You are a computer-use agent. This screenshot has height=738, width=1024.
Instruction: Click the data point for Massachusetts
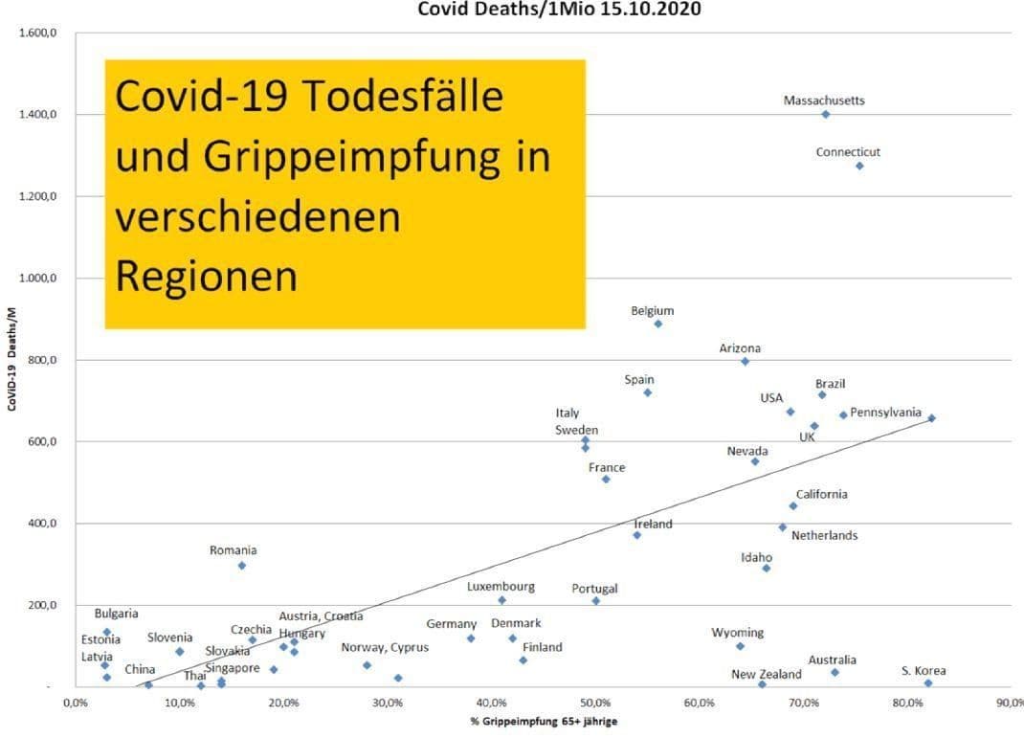click(825, 114)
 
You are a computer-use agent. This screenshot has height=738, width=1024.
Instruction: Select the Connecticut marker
click(859, 166)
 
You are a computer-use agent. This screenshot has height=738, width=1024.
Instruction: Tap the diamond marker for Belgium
click(658, 324)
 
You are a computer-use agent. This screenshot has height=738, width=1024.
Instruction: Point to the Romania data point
click(242, 566)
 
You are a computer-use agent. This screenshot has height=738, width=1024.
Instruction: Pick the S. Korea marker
click(928, 682)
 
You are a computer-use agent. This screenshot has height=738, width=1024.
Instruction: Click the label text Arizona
click(740, 348)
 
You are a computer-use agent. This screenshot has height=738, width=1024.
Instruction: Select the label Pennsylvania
click(885, 413)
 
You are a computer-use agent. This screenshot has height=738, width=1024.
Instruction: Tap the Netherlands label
click(824, 535)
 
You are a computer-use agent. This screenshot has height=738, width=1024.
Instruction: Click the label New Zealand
click(767, 674)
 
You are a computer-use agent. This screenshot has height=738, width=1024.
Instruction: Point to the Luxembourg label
click(501, 586)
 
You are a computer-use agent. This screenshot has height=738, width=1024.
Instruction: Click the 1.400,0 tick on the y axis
click(38, 115)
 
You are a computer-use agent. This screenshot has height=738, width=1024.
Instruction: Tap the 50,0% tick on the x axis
click(595, 704)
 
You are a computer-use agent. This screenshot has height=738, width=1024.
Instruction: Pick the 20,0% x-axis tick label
click(283, 704)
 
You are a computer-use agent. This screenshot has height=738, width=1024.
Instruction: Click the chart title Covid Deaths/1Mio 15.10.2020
click(559, 9)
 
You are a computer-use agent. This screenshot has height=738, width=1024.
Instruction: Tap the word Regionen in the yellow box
click(206, 276)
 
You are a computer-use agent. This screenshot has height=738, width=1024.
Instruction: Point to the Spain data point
click(647, 392)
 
